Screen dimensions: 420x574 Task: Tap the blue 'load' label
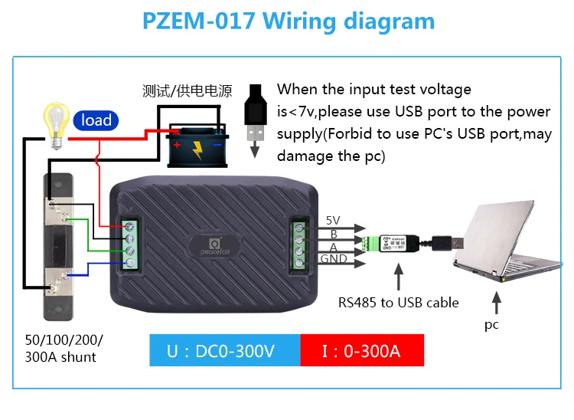[96, 120]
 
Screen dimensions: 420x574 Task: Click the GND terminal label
[334, 259]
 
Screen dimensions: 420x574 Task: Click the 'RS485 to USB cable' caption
[399, 302]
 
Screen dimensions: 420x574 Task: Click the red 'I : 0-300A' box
[360, 352]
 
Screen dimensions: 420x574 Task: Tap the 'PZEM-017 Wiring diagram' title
[288, 21]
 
